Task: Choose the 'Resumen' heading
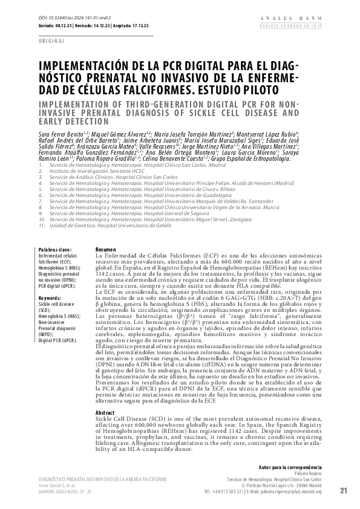click(x=106, y=250)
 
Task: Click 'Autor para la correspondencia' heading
click(x=290, y=468)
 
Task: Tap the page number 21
click(x=345, y=490)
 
